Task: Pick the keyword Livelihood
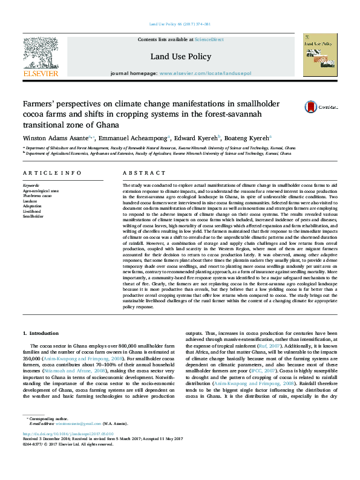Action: tap(33, 210)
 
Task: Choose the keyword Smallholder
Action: tap(34, 215)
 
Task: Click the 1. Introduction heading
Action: tap(41, 333)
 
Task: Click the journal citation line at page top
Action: tap(179, 24)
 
